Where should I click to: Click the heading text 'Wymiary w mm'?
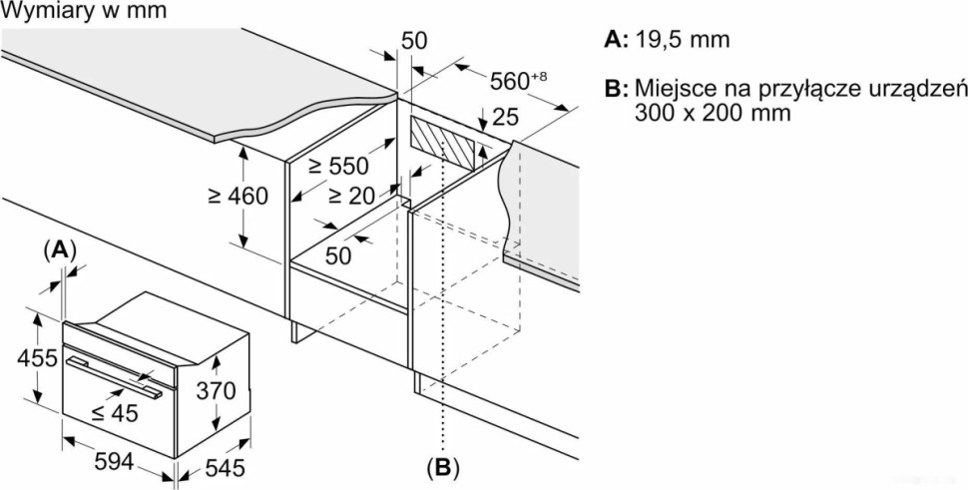(84, 11)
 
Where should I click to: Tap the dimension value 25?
(507, 118)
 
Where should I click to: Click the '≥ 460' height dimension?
(238, 196)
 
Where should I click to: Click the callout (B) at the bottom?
(441, 466)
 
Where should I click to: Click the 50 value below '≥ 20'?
(338, 254)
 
